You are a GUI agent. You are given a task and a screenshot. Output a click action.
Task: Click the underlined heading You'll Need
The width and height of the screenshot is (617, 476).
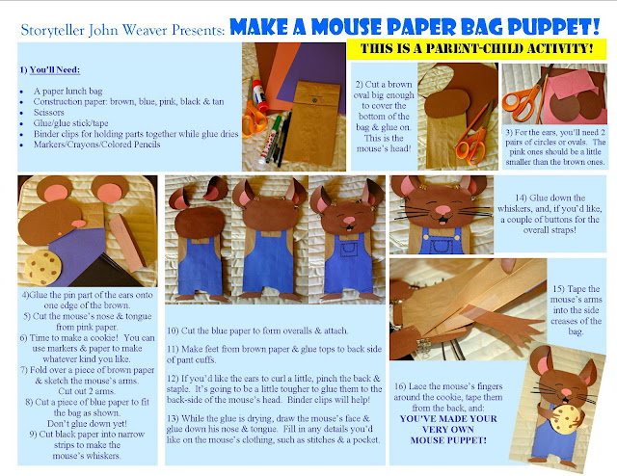[x=57, y=72]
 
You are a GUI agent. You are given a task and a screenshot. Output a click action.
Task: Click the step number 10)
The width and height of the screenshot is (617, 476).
[x=174, y=323]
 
